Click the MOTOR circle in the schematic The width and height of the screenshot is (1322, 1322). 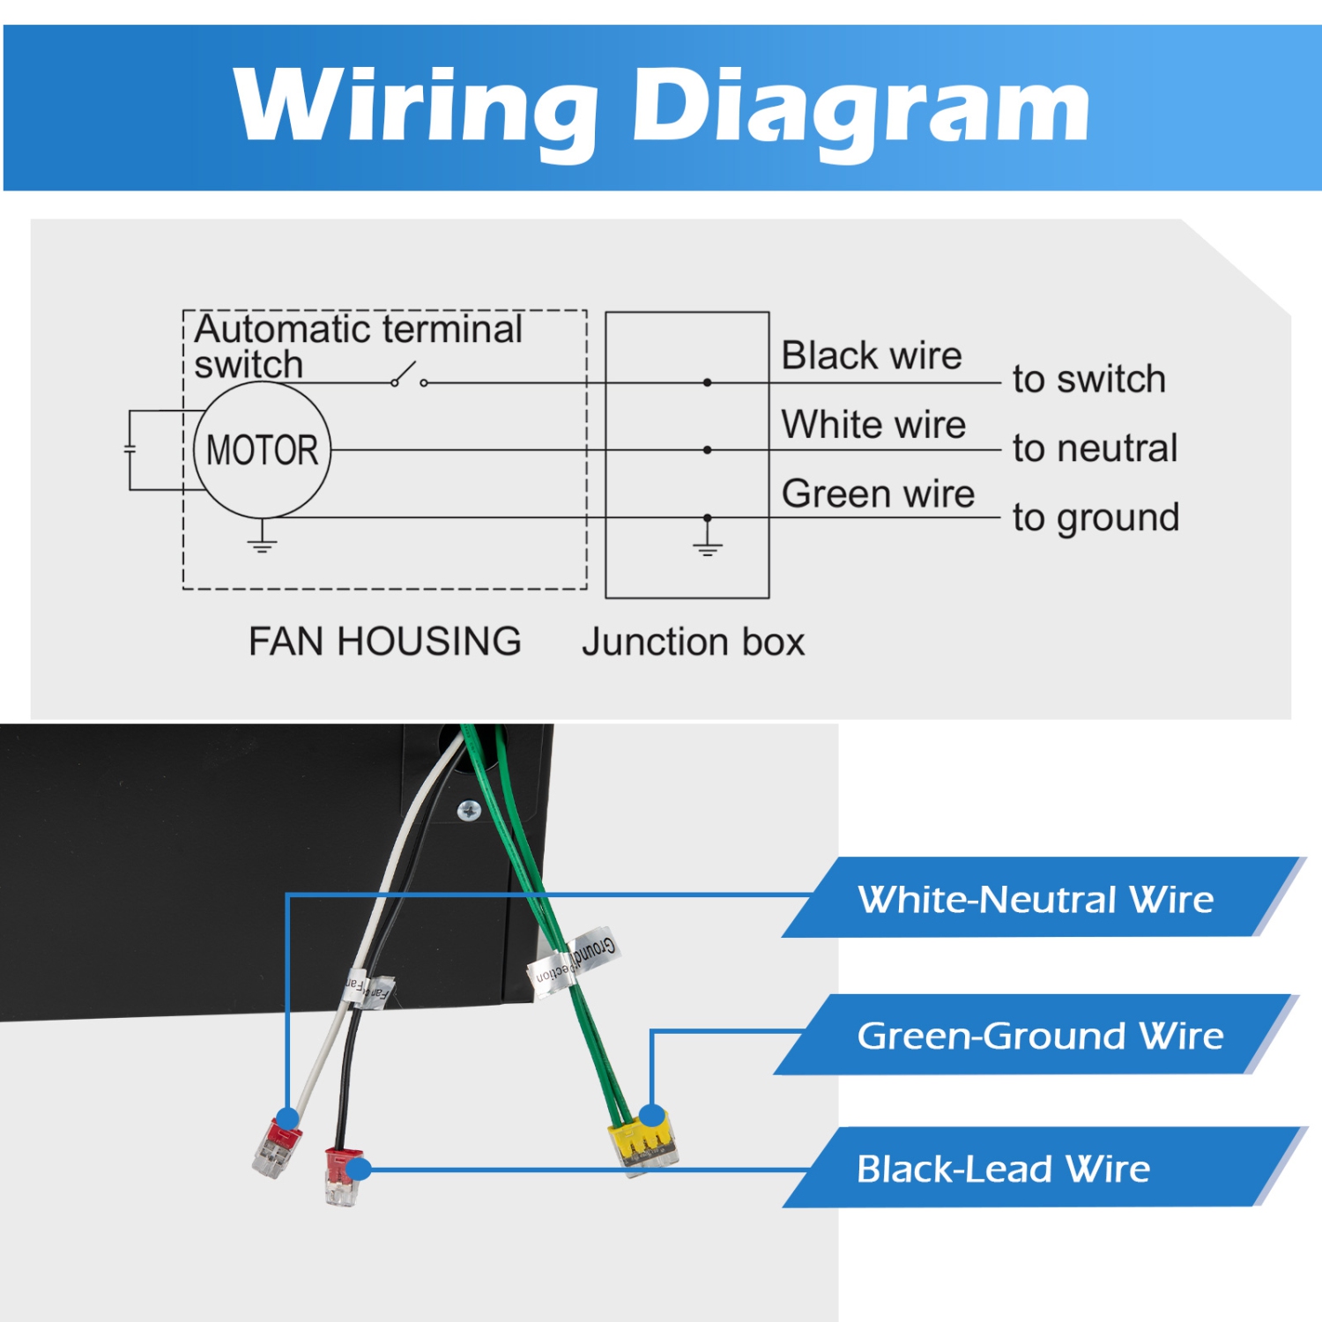click(262, 450)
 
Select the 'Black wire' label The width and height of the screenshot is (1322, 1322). click(871, 356)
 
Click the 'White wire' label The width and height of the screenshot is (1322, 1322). click(873, 425)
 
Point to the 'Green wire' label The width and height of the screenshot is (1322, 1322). click(878, 494)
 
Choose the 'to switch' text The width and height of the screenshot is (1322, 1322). click(1089, 379)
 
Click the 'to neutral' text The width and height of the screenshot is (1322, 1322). click(1095, 449)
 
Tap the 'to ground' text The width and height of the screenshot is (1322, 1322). click(1095, 517)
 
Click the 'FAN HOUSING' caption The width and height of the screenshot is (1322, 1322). click(384, 642)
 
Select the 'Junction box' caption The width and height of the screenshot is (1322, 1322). click(693, 642)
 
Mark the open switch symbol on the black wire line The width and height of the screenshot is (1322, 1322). click(409, 376)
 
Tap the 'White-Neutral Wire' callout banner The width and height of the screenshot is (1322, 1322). click(1036, 899)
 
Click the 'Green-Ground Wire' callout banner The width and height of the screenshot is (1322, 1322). click(1040, 1036)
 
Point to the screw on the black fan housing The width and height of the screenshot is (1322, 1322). click(469, 809)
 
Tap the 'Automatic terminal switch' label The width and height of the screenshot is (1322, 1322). click(357, 345)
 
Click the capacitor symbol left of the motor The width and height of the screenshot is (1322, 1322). click(130, 449)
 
